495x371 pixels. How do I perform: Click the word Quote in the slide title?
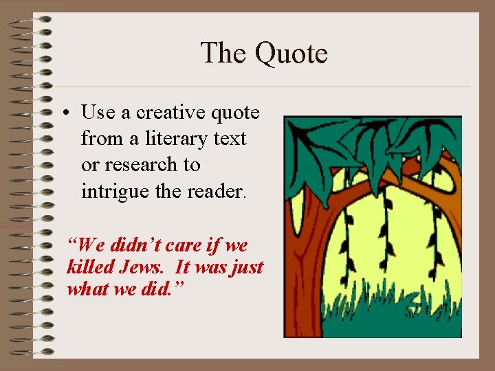click(291, 54)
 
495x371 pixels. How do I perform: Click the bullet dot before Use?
click(71, 112)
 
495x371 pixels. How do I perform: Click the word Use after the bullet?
click(97, 112)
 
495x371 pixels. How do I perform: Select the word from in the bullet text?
click(99, 138)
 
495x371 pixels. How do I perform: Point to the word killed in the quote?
click(86, 267)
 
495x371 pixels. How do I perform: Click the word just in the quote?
click(247, 267)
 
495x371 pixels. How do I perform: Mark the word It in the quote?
click(183, 267)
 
